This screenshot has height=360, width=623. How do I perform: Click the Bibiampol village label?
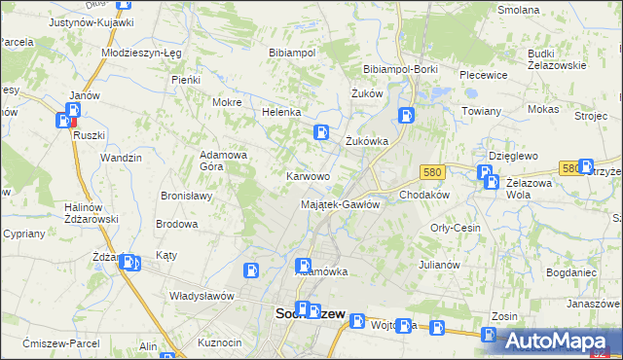[x=292, y=53]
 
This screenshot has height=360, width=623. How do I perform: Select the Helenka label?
[x=281, y=112]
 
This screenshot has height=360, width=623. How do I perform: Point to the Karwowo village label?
[x=307, y=176]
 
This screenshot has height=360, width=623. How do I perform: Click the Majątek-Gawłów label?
[x=340, y=204]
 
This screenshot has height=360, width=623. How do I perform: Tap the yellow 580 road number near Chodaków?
[x=433, y=172]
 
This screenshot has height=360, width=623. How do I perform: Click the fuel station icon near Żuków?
[x=405, y=116]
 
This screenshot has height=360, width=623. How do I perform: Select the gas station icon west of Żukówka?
[x=320, y=132]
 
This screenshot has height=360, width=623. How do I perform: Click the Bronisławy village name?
[x=186, y=196]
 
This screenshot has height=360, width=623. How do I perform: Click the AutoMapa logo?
[x=561, y=341]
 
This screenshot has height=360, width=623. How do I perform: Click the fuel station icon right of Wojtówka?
[x=437, y=328]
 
